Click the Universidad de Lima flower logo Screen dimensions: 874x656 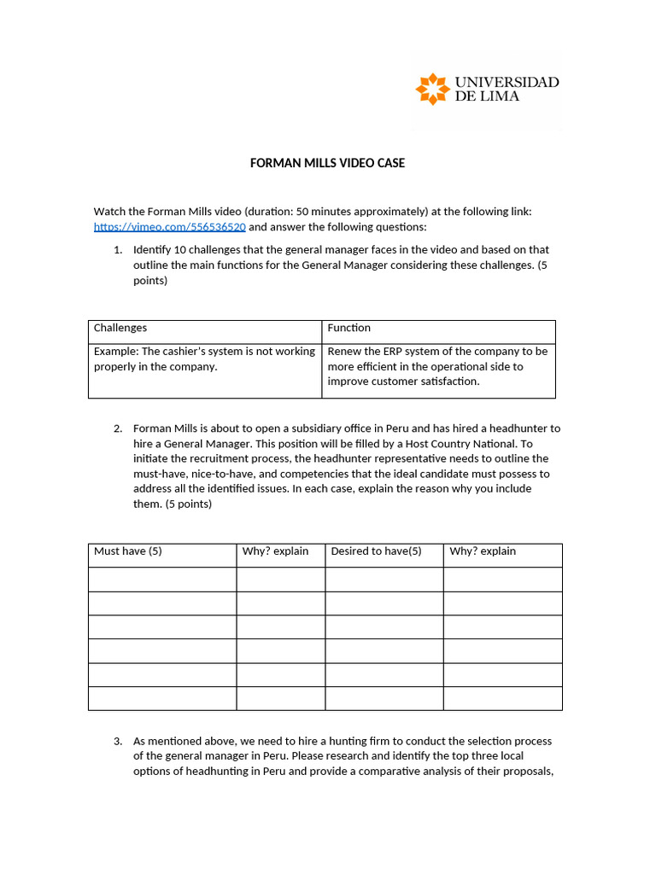(x=432, y=89)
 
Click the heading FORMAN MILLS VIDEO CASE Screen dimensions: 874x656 (x=327, y=163)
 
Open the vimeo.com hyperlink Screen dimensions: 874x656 (x=169, y=227)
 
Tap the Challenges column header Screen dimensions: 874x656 (x=120, y=328)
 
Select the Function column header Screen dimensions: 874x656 (x=349, y=328)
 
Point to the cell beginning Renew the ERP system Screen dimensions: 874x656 (x=437, y=366)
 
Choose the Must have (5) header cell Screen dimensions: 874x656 (x=128, y=551)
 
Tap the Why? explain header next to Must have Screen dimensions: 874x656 (x=275, y=551)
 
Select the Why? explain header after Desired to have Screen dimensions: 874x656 (x=483, y=551)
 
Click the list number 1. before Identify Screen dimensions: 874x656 (x=118, y=250)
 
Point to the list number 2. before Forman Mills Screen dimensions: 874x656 (x=118, y=428)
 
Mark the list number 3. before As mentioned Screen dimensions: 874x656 (x=118, y=741)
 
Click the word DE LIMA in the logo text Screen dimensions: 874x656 (x=486, y=96)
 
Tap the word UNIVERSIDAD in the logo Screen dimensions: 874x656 (x=507, y=82)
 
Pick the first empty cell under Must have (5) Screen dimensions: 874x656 (x=162, y=580)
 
